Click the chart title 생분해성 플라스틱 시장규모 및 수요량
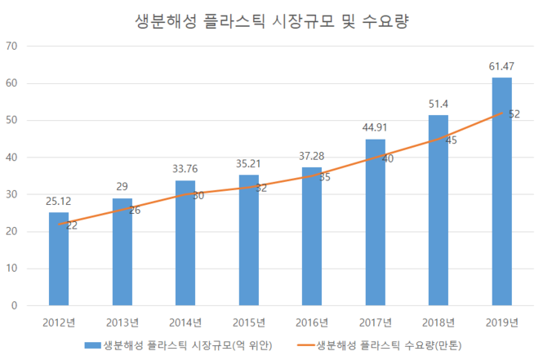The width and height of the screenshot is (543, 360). (271, 21)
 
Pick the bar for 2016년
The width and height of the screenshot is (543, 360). (312, 237)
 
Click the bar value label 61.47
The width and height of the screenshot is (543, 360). (501, 64)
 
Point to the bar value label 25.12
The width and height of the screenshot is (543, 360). (59, 199)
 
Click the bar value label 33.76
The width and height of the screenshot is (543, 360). (185, 168)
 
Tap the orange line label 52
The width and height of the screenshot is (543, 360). (514, 114)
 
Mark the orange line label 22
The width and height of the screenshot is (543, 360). (72, 225)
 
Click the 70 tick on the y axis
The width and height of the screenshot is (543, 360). (12, 46)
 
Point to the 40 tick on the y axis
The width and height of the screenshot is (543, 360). (12, 158)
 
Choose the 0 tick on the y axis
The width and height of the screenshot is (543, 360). (16, 306)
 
